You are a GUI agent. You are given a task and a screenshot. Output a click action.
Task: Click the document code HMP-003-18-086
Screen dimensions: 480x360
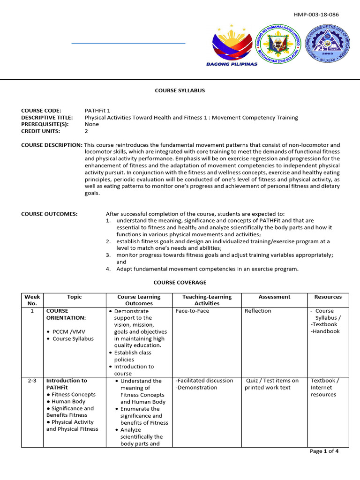click(316, 15)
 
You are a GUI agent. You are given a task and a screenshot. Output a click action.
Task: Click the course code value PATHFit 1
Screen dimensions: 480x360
click(98, 111)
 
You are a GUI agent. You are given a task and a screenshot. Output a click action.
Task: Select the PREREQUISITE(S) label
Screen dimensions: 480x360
click(45, 124)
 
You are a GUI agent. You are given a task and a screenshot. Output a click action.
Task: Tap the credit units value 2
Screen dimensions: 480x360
click(86, 131)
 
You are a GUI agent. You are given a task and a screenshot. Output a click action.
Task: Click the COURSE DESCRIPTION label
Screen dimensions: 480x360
click(52, 145)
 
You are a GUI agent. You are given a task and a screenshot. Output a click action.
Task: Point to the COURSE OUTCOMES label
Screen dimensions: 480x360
click(49, 214)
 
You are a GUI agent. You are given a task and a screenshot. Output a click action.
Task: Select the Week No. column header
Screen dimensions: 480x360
click(32, 300)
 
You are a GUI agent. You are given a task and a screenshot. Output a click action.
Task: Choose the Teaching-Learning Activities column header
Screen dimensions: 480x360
click(207, 300)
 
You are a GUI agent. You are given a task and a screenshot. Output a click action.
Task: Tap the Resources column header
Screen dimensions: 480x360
click(328, 297)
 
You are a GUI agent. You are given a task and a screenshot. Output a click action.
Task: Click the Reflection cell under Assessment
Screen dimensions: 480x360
click(258, 311)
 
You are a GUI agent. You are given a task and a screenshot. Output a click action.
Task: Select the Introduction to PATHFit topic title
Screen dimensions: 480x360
click(67, 384)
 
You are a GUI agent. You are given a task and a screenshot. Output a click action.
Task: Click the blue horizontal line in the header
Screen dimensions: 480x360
click(128, 43)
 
